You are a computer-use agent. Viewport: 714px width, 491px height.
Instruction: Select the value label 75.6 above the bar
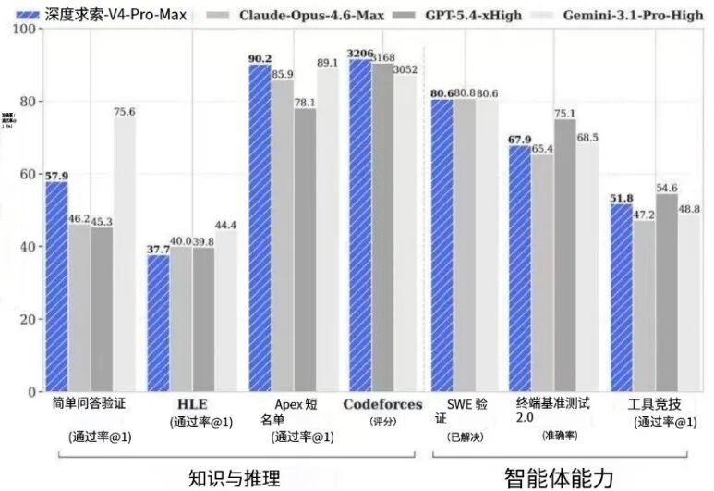pyautogui.click(x=125, y=112)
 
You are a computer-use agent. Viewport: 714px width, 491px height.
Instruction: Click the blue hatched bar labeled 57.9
pyautogui.click(x=56, y=286)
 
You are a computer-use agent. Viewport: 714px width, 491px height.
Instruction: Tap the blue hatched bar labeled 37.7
pyautogui.click(x=158, y=323)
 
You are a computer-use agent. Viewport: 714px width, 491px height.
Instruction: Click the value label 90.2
pyautogui.click(x=260, y=58)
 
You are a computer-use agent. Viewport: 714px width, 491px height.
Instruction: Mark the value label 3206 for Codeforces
pyautogui.click(x=359, y=55)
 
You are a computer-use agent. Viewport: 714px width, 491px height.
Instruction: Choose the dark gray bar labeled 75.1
pyautogui.click(x=563, y=255)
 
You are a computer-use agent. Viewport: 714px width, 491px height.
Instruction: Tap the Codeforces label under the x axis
pyautogui.click(x=382, y=405)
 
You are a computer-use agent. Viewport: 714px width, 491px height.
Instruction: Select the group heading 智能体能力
pyautogui.click(x=558, y=477)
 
